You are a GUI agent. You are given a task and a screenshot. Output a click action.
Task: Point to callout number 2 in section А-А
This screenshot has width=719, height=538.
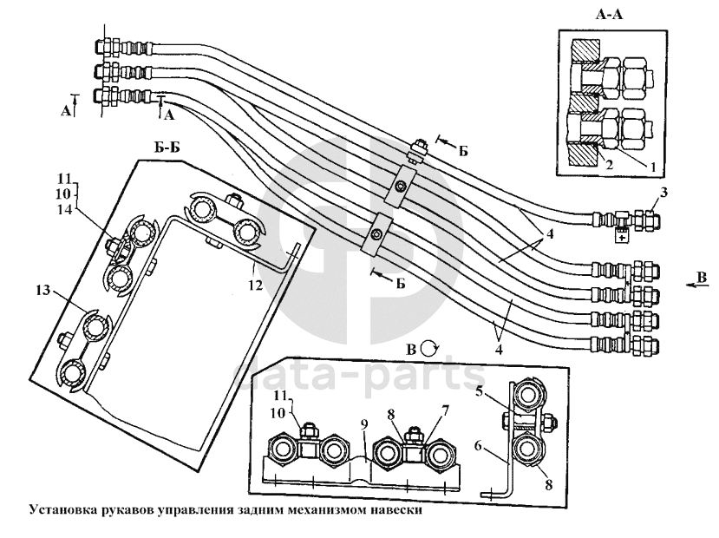[x=611, y=162]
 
